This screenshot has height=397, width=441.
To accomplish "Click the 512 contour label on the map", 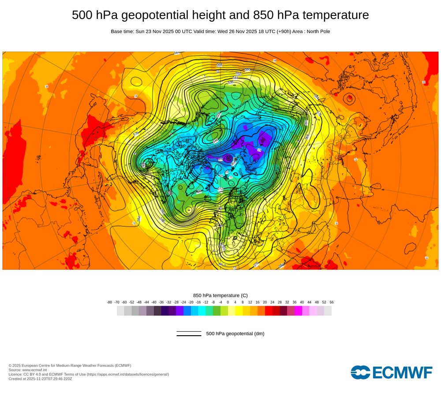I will (220, 189).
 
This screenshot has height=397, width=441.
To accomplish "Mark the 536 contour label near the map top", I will (230, 82).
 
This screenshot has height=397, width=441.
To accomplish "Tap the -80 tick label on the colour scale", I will (109, 302).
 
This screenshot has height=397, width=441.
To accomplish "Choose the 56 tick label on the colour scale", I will (331, 302).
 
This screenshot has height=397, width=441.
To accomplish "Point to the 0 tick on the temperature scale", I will (228, 302).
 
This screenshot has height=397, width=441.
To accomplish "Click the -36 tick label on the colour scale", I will (161, 302).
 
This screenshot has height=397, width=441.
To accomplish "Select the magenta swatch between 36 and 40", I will (298, 311).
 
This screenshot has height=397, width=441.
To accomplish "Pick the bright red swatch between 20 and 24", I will (269, 311).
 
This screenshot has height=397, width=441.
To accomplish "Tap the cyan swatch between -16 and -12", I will (202, 311).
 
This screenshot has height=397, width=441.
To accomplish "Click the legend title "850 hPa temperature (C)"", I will (220, 295).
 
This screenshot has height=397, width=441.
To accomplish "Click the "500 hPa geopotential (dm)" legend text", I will (235, 333).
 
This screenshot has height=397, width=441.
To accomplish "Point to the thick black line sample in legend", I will (189, 336).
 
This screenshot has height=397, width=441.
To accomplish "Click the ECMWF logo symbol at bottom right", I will (360, 372).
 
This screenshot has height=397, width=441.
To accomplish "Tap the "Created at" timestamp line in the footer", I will (40, 378).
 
